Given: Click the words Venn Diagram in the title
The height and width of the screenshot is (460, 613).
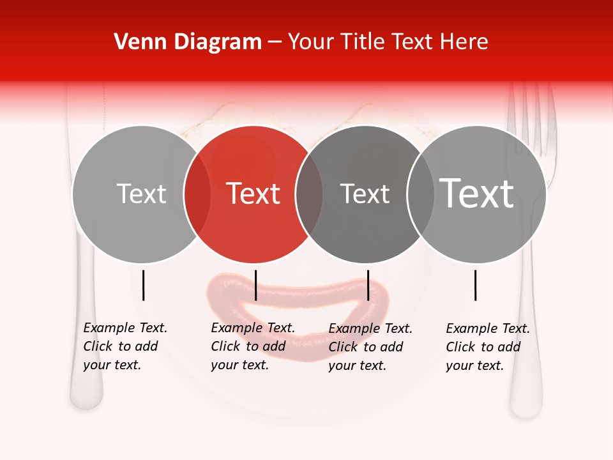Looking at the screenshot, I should click(x=188, y=42).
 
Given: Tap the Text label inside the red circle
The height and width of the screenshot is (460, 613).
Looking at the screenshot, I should click(x=254, y=194).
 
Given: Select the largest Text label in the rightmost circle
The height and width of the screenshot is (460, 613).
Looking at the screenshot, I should click(x=476, y=193).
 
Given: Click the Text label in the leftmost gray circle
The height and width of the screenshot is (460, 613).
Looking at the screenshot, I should click(x=141, y=194).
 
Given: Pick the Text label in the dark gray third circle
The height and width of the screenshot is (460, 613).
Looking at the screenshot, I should click(x=365, y=194).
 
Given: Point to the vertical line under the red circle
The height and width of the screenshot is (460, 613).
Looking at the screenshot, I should click(x=255, y=285).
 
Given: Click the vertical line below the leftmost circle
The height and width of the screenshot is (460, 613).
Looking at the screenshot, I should click(x=143, y=285).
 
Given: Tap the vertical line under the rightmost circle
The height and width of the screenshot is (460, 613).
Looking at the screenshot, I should click(x=475, y=285).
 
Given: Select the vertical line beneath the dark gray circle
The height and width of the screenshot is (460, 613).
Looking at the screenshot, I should click(x=368, y=285).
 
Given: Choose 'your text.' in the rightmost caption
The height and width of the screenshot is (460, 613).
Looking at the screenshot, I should click(x=474, y=365).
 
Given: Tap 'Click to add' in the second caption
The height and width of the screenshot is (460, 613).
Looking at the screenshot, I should click(x=248, y=346).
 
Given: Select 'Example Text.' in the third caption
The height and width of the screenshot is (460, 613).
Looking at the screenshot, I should click(x=370, y=328).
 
